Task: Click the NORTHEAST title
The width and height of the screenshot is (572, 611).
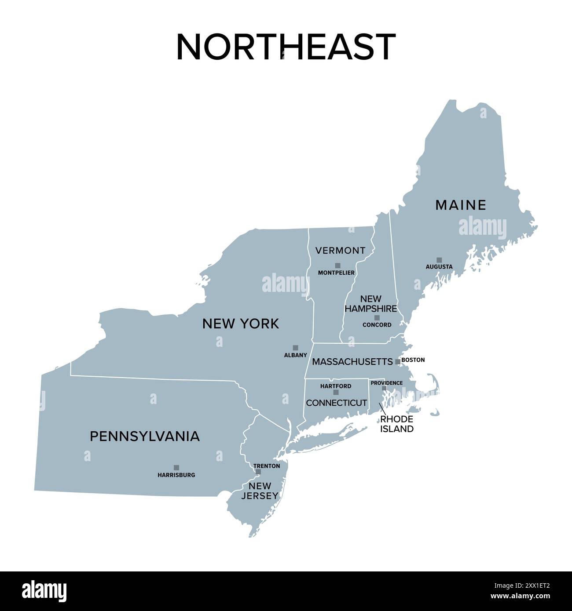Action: click(x=286, y=47)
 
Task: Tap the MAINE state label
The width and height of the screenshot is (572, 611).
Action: click(x=461, y=205)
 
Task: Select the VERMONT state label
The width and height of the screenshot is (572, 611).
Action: click(x=340, y=251)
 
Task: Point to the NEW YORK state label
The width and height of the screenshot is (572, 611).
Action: click(x=240, y=324)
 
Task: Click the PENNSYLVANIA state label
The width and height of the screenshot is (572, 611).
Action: click(x=145, y=436)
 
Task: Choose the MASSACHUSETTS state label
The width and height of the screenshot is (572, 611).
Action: click(x=352, y=362)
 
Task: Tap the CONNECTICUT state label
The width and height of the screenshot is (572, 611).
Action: click(x=336, y=403)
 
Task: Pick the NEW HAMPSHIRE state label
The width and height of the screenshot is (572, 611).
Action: click(x=370, y=304)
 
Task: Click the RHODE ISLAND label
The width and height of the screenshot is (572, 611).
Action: click(x=397, y=424)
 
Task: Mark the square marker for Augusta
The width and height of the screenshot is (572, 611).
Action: click(x=439, y=260)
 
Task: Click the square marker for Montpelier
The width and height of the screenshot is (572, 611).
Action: click(x=337, y=265)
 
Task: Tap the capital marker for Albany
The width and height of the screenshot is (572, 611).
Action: click(x=295, y=348)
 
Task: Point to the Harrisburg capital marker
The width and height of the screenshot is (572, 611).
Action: click(x=176, y=468)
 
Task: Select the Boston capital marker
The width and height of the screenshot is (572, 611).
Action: click(x=398, y=362)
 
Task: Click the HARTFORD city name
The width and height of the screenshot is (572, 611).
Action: click(x=336, y=386)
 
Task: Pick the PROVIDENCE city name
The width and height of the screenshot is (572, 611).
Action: click(x=386, y=383)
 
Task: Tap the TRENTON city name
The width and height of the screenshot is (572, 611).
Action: click(x=267, y=466)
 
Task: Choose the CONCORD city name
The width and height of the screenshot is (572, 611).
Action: click(x=377, y=325)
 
